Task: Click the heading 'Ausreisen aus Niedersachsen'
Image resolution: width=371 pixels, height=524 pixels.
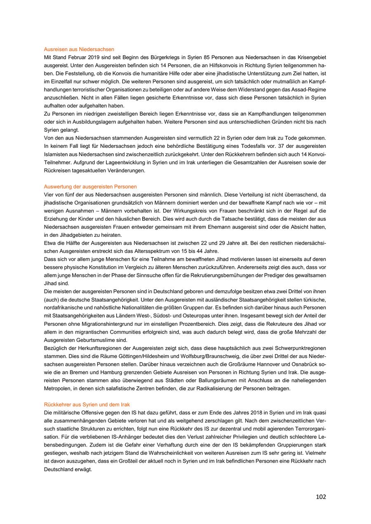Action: click(x=79, y=49)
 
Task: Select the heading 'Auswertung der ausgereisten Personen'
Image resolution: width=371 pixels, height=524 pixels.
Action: click(x=90, y=187)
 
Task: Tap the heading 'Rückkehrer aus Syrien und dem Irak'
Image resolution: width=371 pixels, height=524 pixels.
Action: click(x=87, y=405)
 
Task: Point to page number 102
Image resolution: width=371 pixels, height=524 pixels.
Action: click(x=321, y=497)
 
